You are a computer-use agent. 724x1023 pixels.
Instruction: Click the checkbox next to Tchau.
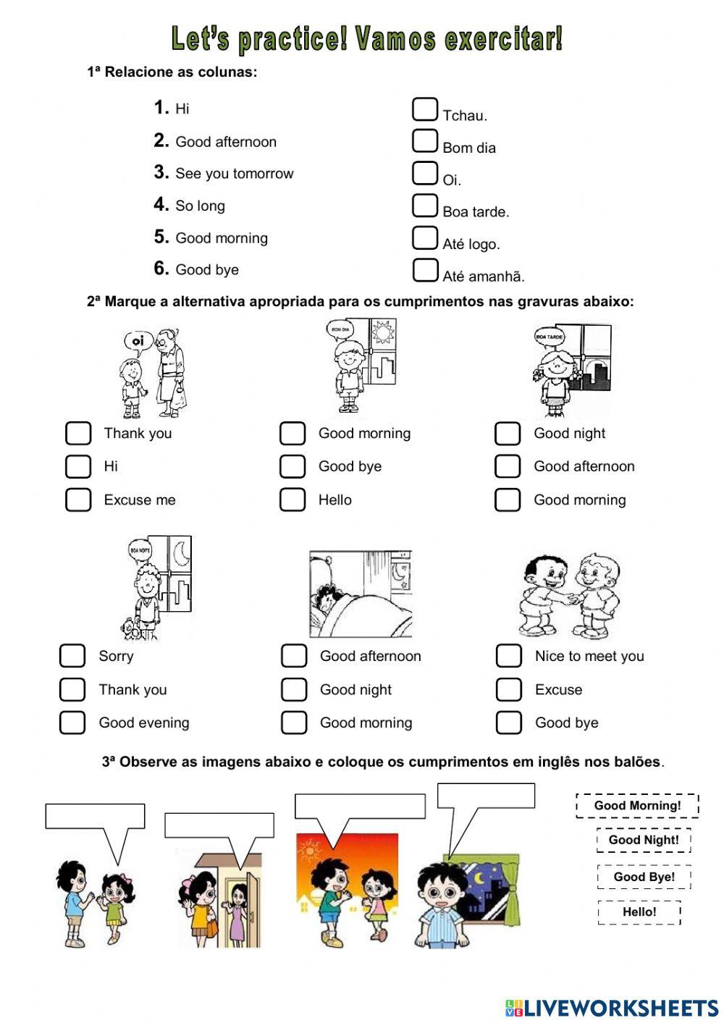pyautogui.click(x=425, y=109)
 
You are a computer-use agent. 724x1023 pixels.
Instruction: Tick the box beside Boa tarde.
pyautogui.click(x=425, y=206)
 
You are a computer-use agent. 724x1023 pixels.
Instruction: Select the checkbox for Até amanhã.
pyautogui.click(x=425, y=270)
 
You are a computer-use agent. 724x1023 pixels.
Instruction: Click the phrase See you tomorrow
pyautogui.click(x=234, y=174)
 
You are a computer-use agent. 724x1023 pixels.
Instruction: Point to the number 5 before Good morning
pyautogui.click(x=161, y=237)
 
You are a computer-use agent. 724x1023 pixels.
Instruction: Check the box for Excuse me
pyautogui.click(x=78, y=500)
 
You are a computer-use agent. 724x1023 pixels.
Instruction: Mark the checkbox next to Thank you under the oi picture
pyautogui.click(x=78, y=433)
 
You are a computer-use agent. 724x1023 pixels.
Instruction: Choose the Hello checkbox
pyautogui.click(x=292, y=500)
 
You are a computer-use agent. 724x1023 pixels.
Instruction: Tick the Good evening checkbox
pyautogui.click(x=72, y=723)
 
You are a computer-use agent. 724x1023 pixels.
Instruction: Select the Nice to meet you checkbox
pyautogui.click(x=508, y=656)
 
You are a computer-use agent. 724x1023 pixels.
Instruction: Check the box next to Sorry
pyautogui.click(x=72, y=656)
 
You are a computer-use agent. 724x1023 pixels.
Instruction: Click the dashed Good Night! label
pyautogui.click(x=644, y=840)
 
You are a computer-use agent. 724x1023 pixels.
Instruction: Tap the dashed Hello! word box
pyautogui.click(x=639, y=912)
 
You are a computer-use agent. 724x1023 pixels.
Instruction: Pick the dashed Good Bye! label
pyautogui.click(x=644, y=877)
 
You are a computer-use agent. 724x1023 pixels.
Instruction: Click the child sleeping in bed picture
pyautogui.click(x=360, y=594)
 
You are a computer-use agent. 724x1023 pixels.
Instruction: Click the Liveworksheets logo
pyautogui.click(x=612, y=1007)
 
